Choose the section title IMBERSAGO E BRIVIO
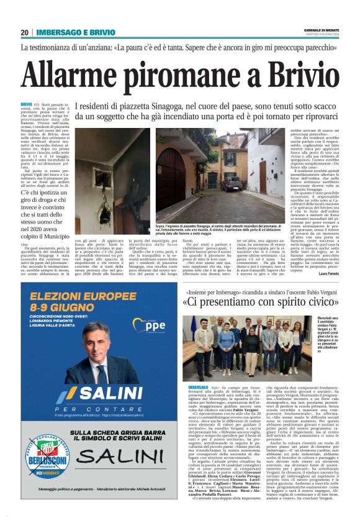point(69,32)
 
